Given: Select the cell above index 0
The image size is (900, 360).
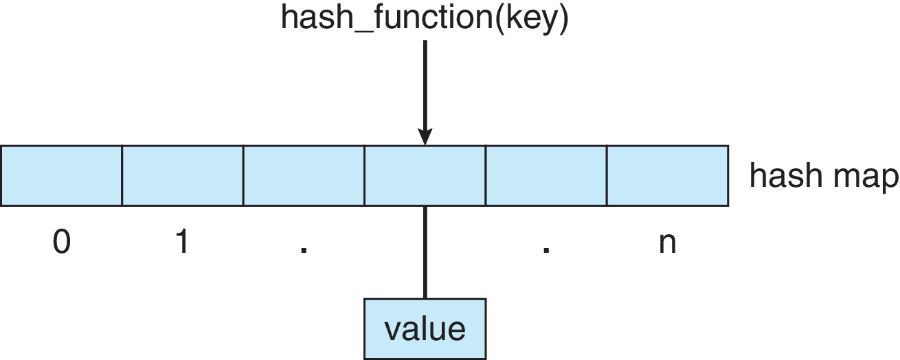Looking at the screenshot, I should (x=61, y=175).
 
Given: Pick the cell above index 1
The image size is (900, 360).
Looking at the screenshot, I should (x=182, y=175).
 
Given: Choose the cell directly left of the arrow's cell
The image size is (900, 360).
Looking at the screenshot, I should (x=304, y=175).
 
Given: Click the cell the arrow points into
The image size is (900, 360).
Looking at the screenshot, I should (x=425, y=175).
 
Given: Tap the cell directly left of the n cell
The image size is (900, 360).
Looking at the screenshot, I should (x=546, y=175).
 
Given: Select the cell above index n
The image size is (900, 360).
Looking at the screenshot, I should (x=667, y=175).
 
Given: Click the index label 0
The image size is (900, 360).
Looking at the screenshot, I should (x=61, y=243).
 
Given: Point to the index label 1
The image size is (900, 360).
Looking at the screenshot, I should (x=182, y=243).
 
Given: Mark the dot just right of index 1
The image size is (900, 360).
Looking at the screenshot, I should (x=304, y=250).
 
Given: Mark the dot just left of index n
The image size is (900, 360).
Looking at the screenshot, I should (x=546, y=250).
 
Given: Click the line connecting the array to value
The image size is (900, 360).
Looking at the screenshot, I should (x=425, y=251).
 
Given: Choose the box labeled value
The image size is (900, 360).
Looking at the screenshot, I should (x=425, y=328).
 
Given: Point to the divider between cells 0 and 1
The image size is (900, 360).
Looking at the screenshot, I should (x=122, y=175).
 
